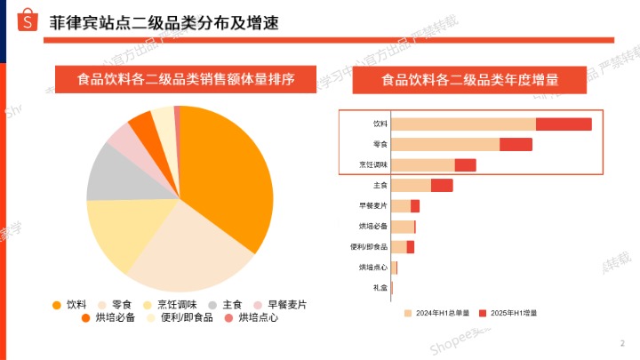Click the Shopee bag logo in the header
point(29,20)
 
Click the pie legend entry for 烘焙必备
point(115,317)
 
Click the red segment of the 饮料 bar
point(564,124)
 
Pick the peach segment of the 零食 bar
point(445,144)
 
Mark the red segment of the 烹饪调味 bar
point(465,165)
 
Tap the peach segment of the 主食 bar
point(411,185)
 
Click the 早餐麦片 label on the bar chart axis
point(373,205)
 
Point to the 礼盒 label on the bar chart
point(380,288)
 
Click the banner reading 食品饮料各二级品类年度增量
point(470,80)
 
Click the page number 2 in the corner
point(621,343)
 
